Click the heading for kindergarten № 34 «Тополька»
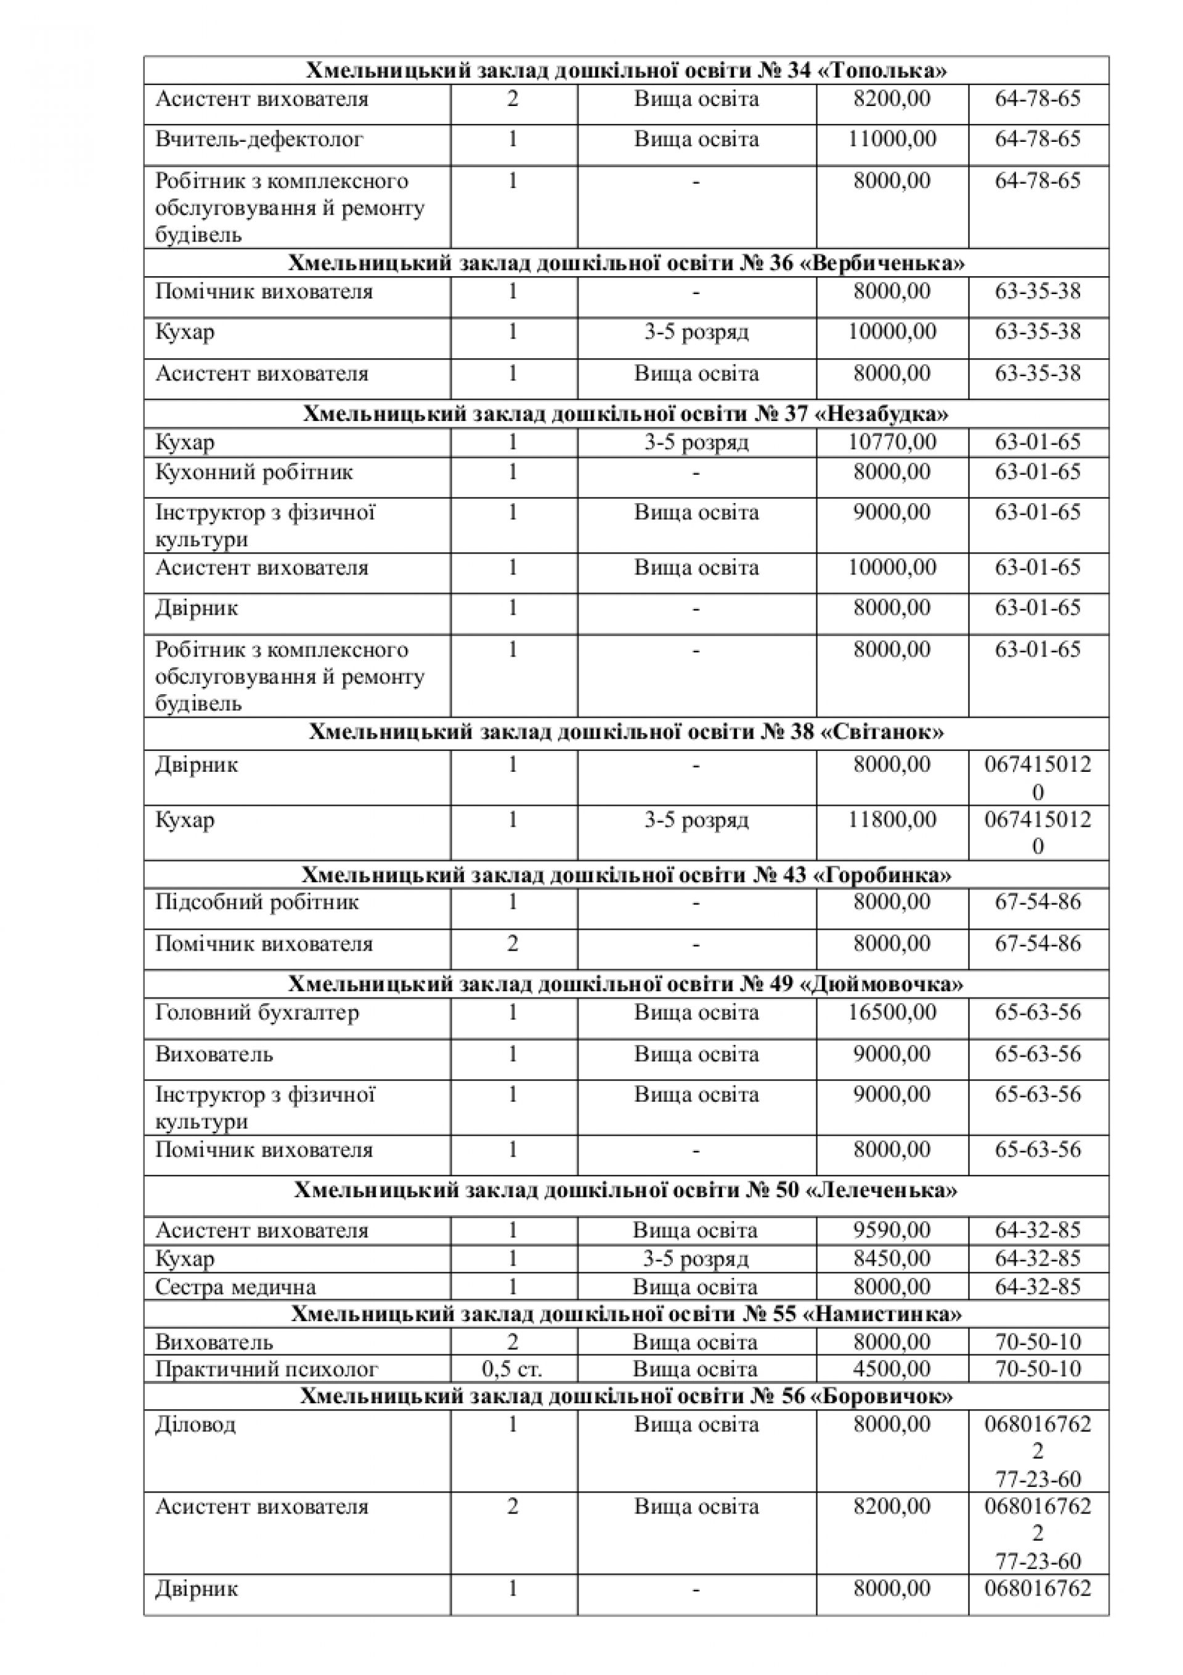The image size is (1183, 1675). point(626,71)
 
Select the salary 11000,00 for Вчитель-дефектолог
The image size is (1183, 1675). point(892,139)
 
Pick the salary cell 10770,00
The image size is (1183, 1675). point(892,442)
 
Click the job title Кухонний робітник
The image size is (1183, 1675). point(254,472)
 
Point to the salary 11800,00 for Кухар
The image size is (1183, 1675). point(892,820)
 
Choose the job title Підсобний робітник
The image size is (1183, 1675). point(257,903)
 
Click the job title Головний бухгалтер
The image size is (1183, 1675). point(257,1013)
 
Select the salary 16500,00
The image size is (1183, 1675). point(892,1013)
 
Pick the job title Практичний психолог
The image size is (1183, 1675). point(266,1369)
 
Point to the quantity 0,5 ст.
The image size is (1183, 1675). point(512,1369)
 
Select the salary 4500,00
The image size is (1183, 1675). point(892,1369)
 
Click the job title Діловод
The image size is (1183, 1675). point(195,1424)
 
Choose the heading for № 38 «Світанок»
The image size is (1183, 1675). point(626,732)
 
